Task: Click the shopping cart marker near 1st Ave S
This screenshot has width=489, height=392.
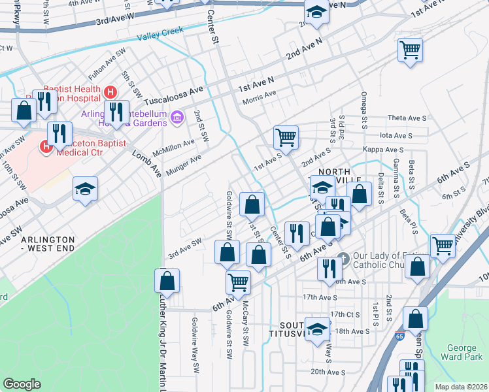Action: click(286, 137)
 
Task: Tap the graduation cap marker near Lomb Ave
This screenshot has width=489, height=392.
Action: click(85, 189)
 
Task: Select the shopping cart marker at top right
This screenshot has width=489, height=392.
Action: click(410, 50)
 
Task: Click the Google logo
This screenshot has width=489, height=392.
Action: click(21, 384)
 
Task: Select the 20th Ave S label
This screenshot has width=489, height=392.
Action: click(328, 372)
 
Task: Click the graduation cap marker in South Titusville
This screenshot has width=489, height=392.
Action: click(318, 329)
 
